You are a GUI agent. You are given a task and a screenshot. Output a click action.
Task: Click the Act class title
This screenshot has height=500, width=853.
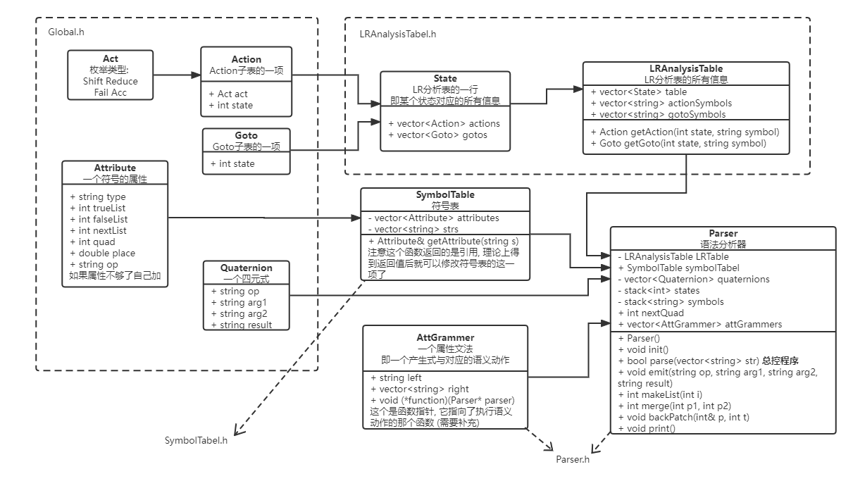[110, 58]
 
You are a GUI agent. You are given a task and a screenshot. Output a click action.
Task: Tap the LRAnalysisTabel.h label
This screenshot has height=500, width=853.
[398, 33]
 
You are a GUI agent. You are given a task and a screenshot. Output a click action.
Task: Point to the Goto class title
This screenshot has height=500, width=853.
[246, 135]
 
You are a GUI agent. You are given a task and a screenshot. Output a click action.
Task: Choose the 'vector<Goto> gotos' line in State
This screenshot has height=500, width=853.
[437, 135]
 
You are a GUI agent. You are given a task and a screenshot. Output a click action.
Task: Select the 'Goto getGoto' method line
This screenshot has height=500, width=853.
[678, 143]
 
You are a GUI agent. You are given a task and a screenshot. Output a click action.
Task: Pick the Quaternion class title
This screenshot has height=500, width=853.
[246, 268]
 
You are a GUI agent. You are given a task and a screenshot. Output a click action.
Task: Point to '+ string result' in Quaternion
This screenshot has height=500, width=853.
[242, 325]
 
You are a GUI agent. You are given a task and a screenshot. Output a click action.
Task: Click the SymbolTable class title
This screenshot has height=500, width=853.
[444, 194]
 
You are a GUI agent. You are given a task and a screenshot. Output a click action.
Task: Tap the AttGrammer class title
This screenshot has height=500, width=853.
[445, 337]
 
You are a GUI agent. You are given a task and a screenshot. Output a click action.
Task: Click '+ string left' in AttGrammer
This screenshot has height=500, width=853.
[396, 377]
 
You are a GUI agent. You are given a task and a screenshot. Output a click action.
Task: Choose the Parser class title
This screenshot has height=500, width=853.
[723, 233]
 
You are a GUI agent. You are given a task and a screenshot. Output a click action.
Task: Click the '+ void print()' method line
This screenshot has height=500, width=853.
[646, 428]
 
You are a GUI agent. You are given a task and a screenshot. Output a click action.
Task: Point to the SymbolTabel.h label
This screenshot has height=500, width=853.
[196, 440]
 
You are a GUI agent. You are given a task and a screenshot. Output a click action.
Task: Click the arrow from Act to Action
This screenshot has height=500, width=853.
[176, 74]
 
